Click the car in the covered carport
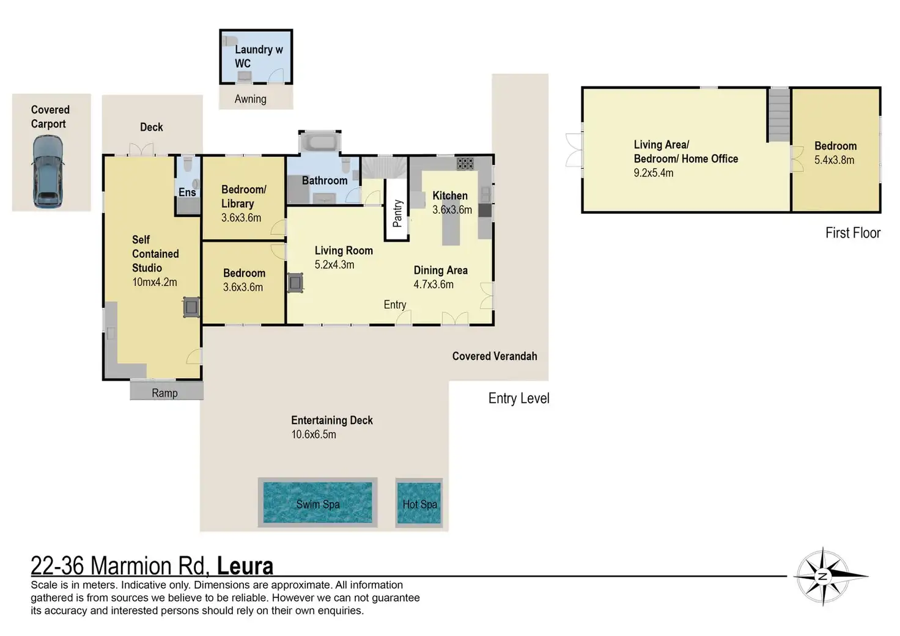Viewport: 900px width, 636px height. (x=48, y=172)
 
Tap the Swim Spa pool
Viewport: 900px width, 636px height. (x=317, y=502)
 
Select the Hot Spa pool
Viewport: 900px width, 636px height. (x=419, y=503)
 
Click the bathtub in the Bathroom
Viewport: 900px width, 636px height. (x=320, y=142)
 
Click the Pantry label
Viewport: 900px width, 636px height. (x=397, y=213)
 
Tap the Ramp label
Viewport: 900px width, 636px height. (x=164, y=393)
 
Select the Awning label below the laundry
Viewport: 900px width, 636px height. (x=250, y=99)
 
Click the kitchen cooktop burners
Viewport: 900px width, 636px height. (x=465, y=163)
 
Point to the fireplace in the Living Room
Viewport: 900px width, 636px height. (x=295, y=283)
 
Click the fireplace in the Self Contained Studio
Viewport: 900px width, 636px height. (x=191, y=307)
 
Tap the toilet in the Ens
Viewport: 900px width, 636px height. (x=188, y=164)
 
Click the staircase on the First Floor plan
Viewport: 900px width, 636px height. (x=780, y=115)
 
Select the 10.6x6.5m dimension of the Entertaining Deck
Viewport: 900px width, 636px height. (x=314, y=434)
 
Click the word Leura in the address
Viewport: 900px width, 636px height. (x=245, y=566)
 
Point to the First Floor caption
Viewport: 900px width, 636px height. (x=853, y=233)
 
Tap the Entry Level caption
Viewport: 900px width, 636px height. (x=518, y=398)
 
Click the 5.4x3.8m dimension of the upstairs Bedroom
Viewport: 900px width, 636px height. (x=834, y=160)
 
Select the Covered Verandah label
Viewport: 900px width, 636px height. (x=495, y=356)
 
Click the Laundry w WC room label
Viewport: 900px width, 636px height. (x=259, y=56)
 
